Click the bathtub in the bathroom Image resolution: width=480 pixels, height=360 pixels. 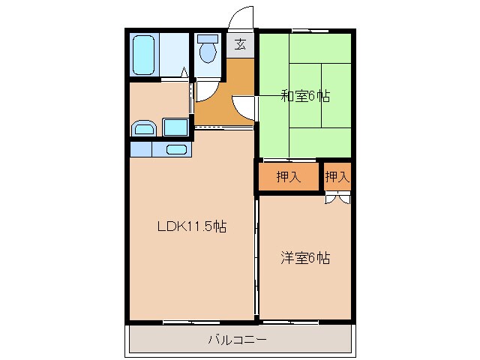pos(143,53)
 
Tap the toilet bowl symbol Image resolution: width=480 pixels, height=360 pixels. pos(207,53)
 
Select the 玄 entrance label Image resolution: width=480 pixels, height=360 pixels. pos(240,44)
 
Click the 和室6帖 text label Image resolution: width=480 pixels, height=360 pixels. pos(305,96)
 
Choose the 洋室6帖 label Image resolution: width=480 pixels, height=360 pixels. pos(305,258)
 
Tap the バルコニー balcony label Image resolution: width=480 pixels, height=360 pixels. pos(239,340)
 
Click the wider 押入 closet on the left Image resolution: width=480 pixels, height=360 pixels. pos(288,178)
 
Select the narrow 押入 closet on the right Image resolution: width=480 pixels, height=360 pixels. pos(337,178)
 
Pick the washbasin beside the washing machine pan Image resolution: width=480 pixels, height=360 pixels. pos(143,128)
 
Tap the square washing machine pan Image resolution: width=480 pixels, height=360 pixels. pos(175,127)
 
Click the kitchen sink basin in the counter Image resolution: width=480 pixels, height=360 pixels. pos(176,148)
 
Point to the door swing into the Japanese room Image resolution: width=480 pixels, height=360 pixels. pos(244,107)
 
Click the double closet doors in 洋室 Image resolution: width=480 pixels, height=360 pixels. pos(337,199)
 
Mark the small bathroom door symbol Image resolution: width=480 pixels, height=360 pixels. pos(184,73)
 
